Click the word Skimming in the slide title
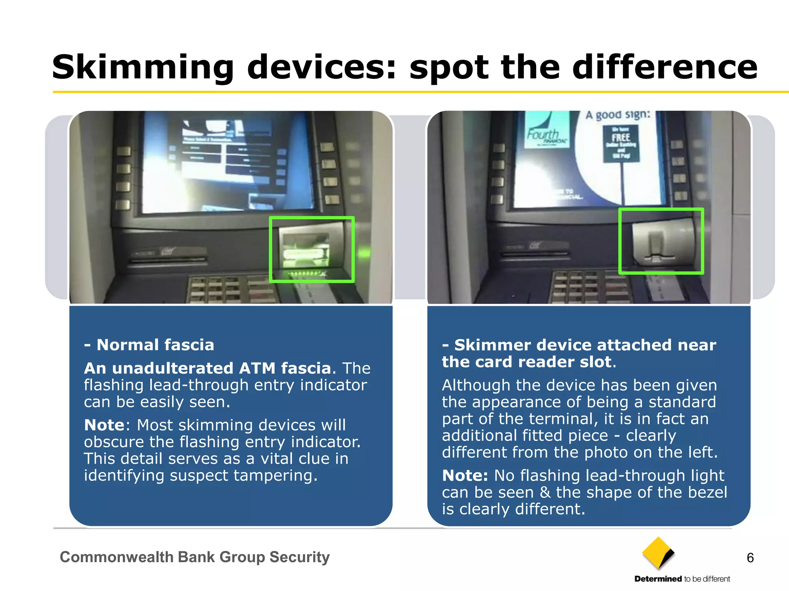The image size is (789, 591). click(x=143, y=68)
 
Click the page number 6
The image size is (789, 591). click(x=750, y=558)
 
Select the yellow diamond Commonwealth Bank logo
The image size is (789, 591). click(x=658, y=553)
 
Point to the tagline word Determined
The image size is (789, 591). click(x=658, y=579)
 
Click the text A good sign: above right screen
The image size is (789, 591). click(x=618, y=115)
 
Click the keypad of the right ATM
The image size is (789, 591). click(x=593, y=286)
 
